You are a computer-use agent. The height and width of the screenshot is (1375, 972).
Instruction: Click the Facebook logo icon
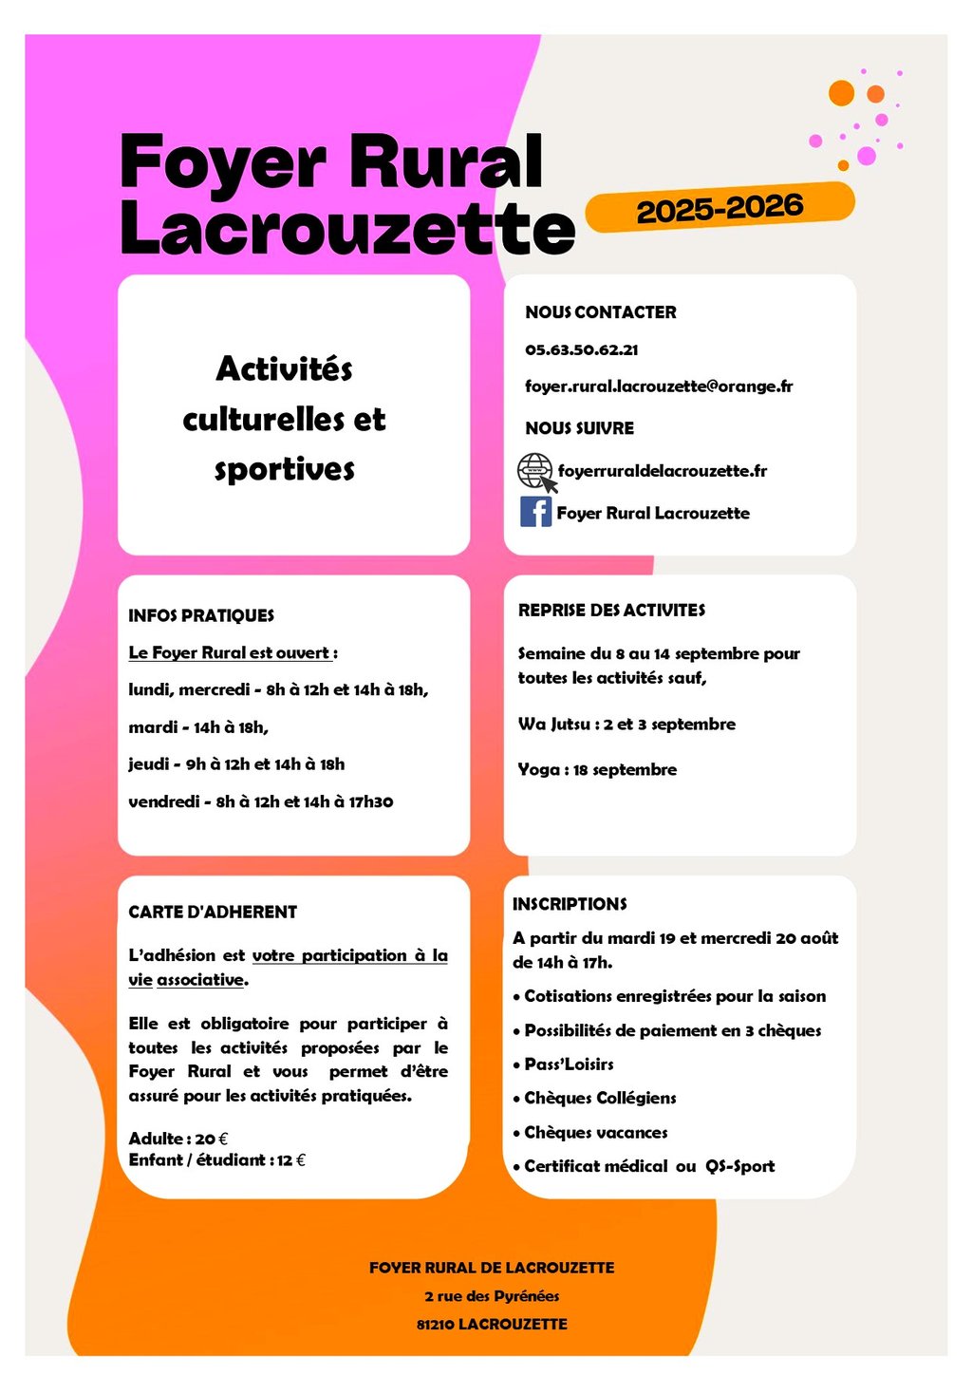tap(535, 512)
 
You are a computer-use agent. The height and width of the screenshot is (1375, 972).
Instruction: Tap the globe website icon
tap(535, 470)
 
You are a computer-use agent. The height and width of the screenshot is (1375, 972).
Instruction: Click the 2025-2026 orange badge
tap(720, 208)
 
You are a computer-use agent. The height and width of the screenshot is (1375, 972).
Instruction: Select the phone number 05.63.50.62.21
tap(581, 349)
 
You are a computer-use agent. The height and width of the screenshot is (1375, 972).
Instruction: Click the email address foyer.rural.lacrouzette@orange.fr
tap(659, 386)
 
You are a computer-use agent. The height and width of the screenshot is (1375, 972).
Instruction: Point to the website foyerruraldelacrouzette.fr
tap(662, 471)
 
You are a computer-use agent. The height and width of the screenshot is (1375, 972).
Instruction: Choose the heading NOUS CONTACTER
tap(600, 312)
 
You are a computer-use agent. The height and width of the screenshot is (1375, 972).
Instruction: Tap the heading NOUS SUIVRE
tap(579, 428)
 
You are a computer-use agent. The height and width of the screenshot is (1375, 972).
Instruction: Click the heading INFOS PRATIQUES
tap(201, 615)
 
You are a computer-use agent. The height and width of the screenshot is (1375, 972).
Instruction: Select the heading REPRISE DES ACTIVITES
tap(611, 611)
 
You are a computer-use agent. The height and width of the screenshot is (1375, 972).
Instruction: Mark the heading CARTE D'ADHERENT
tap(213, 912)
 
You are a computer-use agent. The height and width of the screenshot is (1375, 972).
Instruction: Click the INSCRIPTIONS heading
tap(570, 904)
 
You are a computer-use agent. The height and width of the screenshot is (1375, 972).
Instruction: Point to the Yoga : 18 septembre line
tap(597, 769)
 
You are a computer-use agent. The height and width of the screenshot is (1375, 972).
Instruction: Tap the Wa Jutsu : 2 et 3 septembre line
tap(626, 724)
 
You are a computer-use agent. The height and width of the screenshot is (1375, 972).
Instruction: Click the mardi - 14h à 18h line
tap(198, 727)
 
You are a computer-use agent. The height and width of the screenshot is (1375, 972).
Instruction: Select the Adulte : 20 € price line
tap(178, 1139)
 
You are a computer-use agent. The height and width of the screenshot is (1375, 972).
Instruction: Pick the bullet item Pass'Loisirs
tap(569, 1064)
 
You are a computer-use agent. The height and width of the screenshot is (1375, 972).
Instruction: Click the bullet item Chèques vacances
tap(595, 1133)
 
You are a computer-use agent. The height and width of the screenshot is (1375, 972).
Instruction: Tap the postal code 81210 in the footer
tap(435, 1324)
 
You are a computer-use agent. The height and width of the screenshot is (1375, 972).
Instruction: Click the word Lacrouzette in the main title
tap(347, 229)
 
